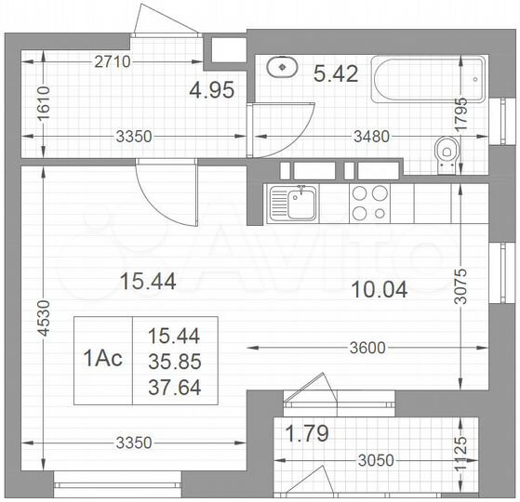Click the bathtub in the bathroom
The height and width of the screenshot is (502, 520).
428,80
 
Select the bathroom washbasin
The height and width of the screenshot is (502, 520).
280,68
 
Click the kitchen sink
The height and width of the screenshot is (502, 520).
294,204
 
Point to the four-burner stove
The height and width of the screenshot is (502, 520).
369,204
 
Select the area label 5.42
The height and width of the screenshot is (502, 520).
337,73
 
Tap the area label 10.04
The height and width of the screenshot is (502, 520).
380,289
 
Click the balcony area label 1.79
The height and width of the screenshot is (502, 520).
309,432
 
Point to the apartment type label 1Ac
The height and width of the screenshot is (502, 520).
103,361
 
